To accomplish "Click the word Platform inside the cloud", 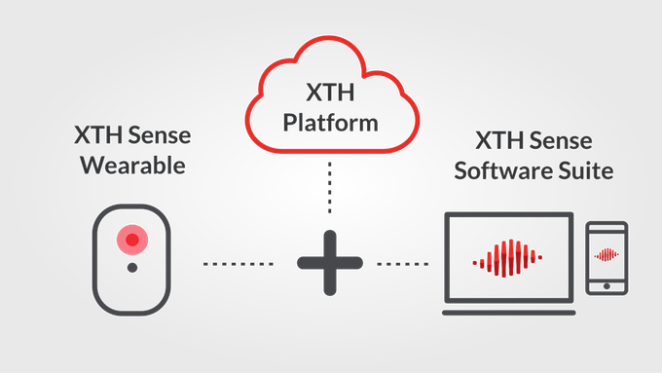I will [330, 125].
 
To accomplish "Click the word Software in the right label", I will [507, 171].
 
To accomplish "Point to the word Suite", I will [584, 171].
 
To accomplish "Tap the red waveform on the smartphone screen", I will [607, 255].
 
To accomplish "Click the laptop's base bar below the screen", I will [506, 312].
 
